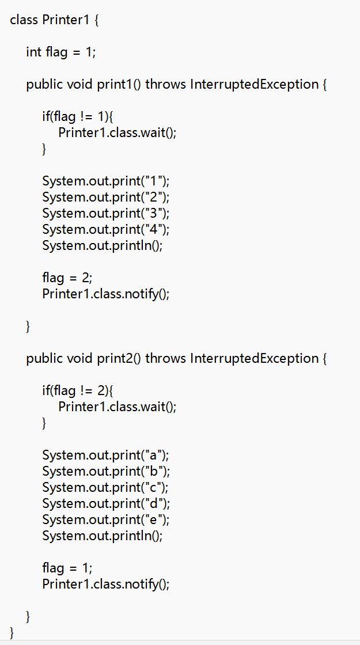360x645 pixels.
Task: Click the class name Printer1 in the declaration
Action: (x=67, y=20)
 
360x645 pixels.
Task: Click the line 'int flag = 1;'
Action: (x=61, y=52)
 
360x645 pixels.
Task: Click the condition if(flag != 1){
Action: (x=77, y=116)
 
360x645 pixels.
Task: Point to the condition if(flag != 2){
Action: (x=77, y=390)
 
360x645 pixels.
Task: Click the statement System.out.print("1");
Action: (x=106, y=181)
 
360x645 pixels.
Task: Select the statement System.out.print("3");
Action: (x=106, y=213)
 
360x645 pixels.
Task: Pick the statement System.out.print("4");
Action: (x=106, y=229)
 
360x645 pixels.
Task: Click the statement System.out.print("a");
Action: (x=106, y=455)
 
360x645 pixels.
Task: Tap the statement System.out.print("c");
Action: (x=106, y=487)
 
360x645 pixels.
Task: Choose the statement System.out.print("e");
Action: (x=106, y=519)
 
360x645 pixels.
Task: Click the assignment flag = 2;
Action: (x=67, y=278)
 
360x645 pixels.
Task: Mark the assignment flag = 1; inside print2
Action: (x=67, y=568)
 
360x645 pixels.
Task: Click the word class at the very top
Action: (x=24, y=20)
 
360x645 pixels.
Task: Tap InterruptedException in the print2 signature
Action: (x=254, y=358)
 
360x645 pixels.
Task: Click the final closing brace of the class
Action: (x=13, y=633)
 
